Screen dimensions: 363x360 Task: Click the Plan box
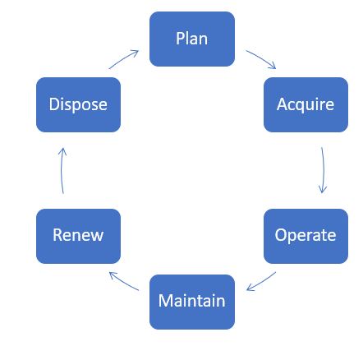tap(192, 39)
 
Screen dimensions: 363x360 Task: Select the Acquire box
tap(306, 104)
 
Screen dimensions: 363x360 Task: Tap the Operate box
tap(306, 236)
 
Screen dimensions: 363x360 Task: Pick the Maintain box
tap(192, 302)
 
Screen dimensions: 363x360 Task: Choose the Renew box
tap(78, 236)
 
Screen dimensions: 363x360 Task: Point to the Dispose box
tap(78, 104)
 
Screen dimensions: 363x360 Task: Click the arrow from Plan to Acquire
tap(262, 58)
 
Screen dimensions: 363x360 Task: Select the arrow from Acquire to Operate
tap(324, 170)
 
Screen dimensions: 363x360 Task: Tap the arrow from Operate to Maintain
tap(261, 281)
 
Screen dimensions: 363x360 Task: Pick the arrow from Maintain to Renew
tap(123, 281)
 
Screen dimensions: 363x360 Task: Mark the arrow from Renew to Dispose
tap(62, 170)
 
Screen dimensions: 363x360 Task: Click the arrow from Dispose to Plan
tap(123, 58)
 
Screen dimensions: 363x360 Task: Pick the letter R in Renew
tap(57, 235)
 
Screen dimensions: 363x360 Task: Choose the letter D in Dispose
tap(54, 104)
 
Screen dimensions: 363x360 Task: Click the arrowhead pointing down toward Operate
tap(323, 189)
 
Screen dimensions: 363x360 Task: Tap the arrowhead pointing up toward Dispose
tap(62, 152)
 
